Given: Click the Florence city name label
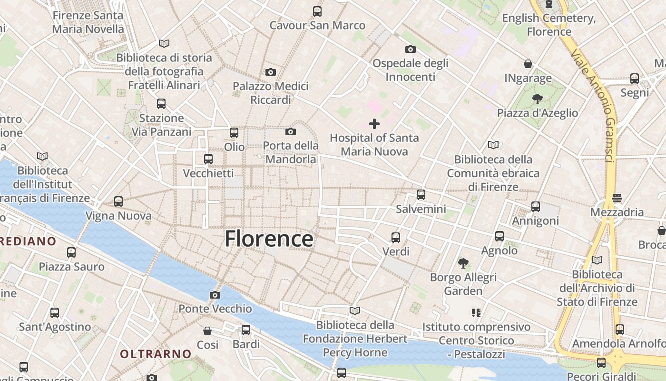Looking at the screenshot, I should (269, 239).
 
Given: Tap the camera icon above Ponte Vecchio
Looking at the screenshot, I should (215, 295).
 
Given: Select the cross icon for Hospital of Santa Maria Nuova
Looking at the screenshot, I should (374, 124).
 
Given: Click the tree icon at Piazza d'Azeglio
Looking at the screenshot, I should (538, 99).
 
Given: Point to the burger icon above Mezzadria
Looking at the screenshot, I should (617, 198).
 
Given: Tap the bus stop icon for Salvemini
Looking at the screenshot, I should (421, 195).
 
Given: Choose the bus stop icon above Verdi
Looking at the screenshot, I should (396, 237).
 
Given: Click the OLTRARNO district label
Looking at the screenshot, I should (156, 354).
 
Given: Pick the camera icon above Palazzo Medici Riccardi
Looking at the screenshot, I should (271, 72).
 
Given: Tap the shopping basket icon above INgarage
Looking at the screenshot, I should (528, 64).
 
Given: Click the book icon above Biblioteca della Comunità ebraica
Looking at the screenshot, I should (493, 145).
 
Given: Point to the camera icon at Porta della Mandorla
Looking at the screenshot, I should (291, 131).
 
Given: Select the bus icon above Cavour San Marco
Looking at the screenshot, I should (317, 11).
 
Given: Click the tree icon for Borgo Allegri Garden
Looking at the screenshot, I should (463, 263).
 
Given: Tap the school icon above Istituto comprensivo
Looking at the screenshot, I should (476, 313).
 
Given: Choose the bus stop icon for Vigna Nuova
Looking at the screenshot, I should (118, 201).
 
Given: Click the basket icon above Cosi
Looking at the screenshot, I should (207, 331).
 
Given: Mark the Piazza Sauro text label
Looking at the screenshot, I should (71, 266).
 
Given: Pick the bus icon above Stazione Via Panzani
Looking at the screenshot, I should (161, 103).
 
